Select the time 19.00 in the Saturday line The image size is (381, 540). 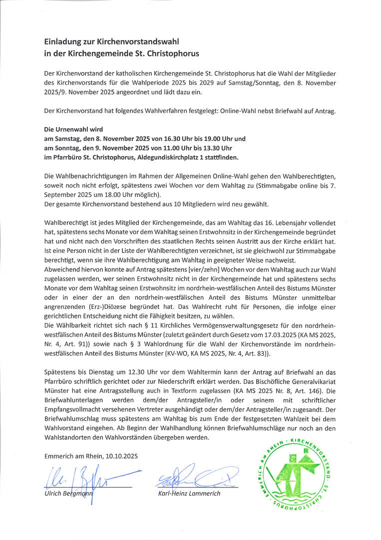coord(204,138)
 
